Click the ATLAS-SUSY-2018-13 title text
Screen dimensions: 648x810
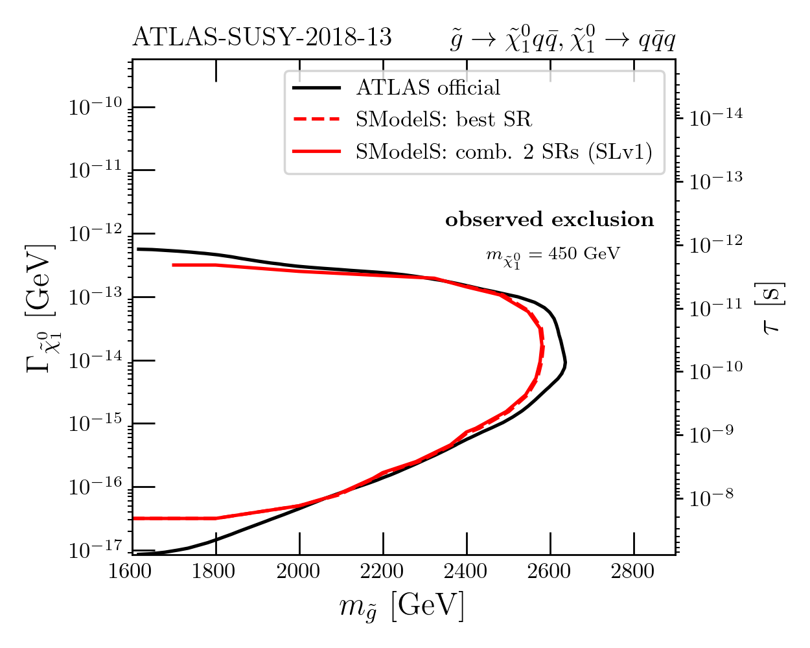coord(262,38)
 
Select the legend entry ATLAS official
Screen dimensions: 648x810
coord(428,87)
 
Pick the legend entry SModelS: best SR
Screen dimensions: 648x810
coord(443,119)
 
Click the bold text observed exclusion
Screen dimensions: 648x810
coord(550,220)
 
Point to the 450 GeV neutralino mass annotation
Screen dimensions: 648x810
coord(553,254)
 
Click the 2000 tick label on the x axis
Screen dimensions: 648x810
coord(299,572)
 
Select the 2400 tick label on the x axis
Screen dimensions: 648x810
coord(467,572)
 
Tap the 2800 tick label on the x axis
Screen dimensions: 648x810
coord(634,572)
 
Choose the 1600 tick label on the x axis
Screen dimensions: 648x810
coord(132,572)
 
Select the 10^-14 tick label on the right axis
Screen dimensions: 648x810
coord(716,117)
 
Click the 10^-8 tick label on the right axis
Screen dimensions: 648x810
coord(712,498)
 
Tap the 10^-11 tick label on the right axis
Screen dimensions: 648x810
coord(716,307)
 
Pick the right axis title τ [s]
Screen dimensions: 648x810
coord(772,308)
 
